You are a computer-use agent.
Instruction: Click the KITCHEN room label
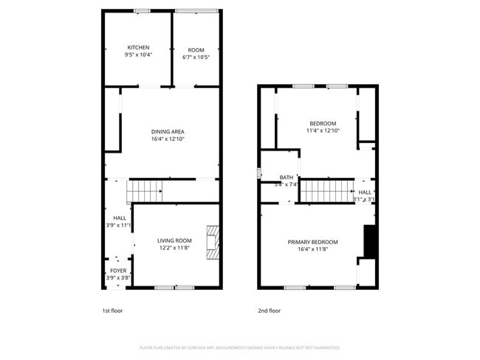point(138,47)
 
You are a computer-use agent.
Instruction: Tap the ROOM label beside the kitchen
point(196,50)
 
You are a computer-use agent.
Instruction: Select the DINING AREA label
point(168,131)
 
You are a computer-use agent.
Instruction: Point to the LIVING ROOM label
point(174,240)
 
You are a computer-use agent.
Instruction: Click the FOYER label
point(118,271)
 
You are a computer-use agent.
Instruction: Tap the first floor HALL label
point(119,218)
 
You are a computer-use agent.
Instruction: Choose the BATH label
point(287,177)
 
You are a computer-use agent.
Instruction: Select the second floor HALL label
point(365,192)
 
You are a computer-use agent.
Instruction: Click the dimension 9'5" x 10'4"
point(138,55)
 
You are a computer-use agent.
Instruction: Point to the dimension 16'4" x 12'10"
point(168,139)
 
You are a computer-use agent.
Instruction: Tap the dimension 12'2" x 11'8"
point(174,248)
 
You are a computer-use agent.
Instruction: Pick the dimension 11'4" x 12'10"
point(322,131)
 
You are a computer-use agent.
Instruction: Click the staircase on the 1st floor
point(145,192)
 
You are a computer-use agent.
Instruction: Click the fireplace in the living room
point(213,242)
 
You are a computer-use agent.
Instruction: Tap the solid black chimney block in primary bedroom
point(371,242)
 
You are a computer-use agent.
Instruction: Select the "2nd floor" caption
point(269,311)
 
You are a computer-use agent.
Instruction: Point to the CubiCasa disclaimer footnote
point(239,347)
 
